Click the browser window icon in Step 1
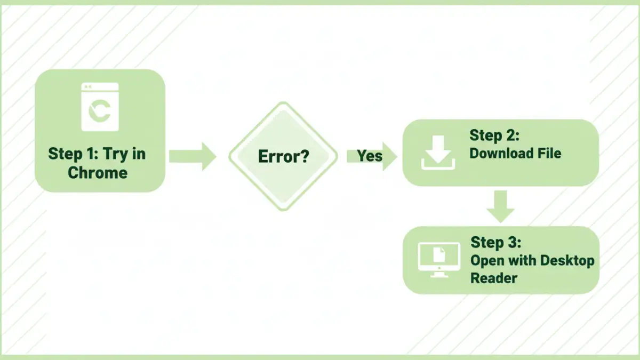pos(100,107)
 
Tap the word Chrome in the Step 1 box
pos(98,173)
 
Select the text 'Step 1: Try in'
pos(97,154)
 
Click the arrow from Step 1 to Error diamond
pos(192,156)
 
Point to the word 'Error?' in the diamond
pos(283,157)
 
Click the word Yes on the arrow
pos(370,156)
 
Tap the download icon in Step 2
pos(438,153)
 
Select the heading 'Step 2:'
pos(494,135)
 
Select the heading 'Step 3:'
pos(495,243)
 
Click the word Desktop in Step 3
pos(567,261)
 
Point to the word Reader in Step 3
pos(493,278)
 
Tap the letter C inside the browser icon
pos(100,110)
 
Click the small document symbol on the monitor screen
pos(438,255)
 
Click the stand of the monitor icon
pos(438,274)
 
